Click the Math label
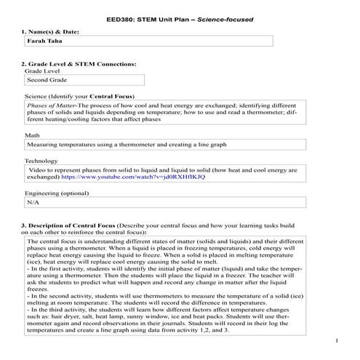32,135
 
